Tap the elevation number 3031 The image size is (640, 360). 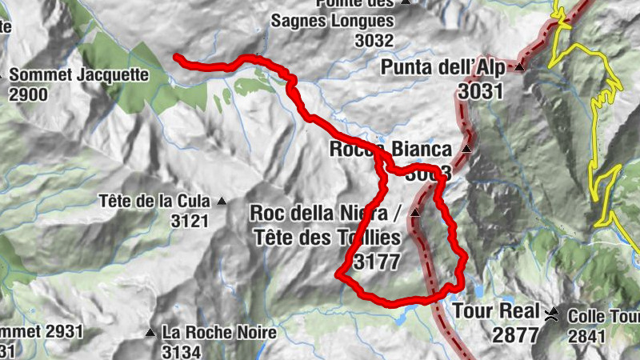(481, 90)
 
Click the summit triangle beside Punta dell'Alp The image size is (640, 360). (520, 66)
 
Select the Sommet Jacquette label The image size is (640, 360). (79, 75)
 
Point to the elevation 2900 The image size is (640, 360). (29, 94)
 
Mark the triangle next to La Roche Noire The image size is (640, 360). (150, 332)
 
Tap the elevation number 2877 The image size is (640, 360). (516, 334)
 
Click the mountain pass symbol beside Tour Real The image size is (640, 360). (552, 312)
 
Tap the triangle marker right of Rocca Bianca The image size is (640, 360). (466, 149)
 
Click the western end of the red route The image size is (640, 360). (177, 56)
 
